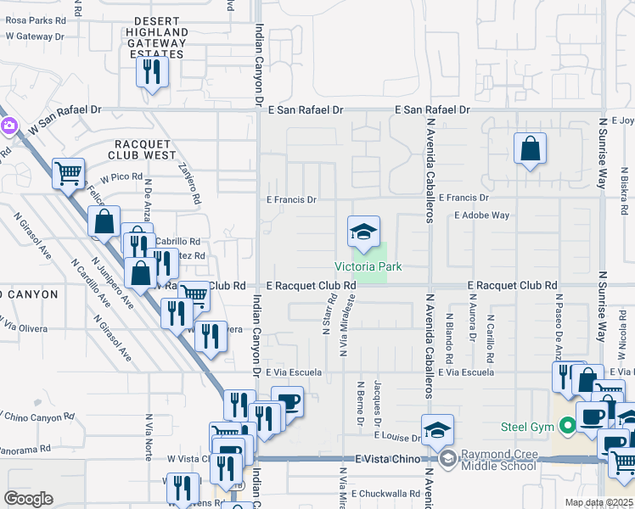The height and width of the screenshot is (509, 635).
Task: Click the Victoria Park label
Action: tap(368, 266)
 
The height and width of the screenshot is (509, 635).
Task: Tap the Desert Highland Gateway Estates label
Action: tap(149, 42)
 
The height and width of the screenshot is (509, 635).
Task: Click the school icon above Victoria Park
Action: tap(363, 232)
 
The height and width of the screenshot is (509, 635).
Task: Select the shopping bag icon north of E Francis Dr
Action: tap(530, 149)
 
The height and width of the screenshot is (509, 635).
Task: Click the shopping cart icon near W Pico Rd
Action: tap(68, 173)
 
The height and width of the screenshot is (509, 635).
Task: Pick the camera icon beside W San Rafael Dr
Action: tap(8, 126)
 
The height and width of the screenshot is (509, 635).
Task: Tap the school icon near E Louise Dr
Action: tap(437, 429)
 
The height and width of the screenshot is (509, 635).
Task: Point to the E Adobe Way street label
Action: tap(482, 215)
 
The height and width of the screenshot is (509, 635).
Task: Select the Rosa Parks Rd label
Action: tap(35, 20)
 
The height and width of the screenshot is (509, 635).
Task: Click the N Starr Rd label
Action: tap(326, 314)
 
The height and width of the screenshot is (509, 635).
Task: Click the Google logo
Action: tap(28, 499)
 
